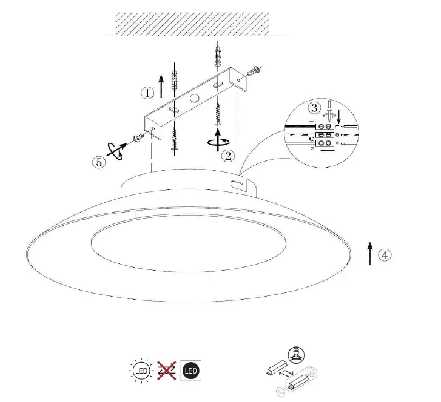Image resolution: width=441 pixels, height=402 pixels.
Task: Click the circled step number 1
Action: tap(148, 93)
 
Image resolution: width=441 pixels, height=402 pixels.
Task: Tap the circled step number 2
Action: tap(228, 156)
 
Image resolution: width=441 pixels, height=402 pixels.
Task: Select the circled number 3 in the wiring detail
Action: tap(314, 108)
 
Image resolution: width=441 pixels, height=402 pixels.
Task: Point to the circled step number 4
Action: tap(385, 255)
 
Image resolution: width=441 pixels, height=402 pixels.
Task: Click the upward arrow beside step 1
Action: tap(161, 86)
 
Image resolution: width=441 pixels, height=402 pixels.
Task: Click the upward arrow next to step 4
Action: tap(370, 252)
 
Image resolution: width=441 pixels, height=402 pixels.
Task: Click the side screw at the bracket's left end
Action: tap(138, 137)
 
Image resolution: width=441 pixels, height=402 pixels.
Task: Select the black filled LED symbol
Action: tap(190, 370)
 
